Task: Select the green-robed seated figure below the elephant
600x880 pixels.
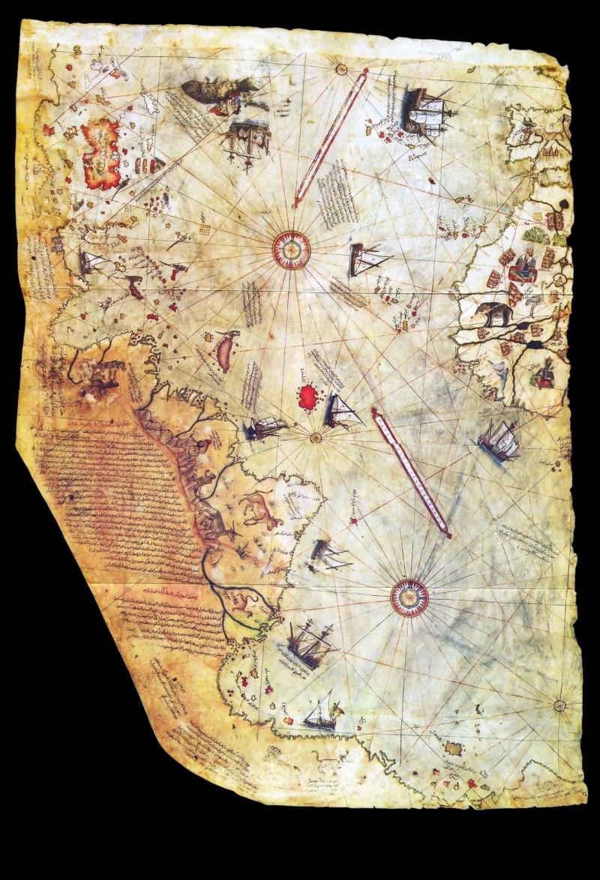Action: (544, 373)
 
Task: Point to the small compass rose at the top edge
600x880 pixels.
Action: (342, 70)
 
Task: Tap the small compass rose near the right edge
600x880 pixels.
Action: (559, 705)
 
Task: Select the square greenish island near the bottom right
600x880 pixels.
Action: (452, 747)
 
